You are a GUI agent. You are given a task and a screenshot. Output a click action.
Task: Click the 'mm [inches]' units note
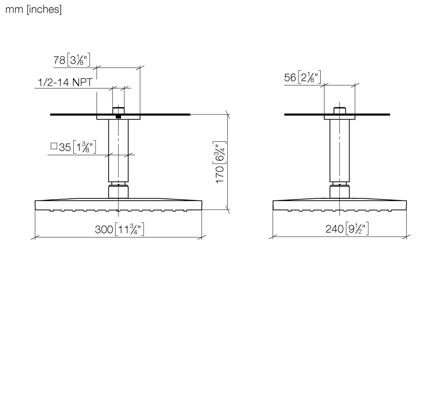[x=33, y=10]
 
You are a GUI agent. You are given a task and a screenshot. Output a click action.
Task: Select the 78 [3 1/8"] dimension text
[x=72, y=60]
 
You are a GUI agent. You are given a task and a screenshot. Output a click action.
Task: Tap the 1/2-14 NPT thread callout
[x=65, y=82]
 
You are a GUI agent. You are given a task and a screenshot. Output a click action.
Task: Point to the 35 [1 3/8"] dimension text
[x=77, y=147]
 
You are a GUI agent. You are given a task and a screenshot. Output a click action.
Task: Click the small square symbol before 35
[x=54, y=146]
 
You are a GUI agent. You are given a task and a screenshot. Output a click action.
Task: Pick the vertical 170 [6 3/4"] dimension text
[x=220, y=162]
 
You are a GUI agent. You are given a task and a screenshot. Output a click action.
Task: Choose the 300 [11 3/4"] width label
[x=120, y=229]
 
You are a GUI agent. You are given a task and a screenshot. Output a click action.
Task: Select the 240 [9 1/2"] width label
[x=347, y=228]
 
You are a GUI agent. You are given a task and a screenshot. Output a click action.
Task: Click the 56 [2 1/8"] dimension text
[x=303, y=77]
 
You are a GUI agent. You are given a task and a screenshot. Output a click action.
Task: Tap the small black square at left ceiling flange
[x=118, y=116]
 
